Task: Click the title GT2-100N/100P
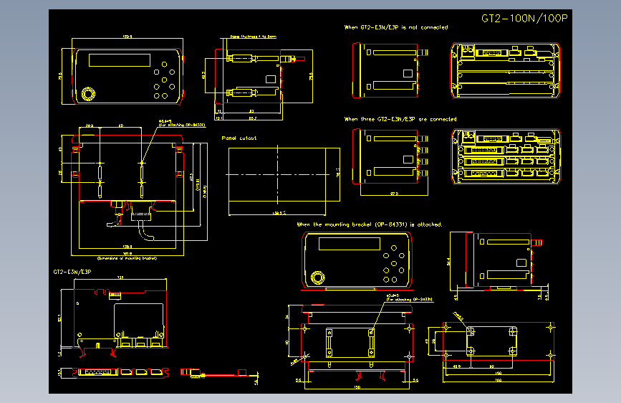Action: click(x=525, y=19)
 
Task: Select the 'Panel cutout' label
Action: click(x=239, y=138)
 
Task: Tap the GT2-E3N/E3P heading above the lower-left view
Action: click(x=72, y=272)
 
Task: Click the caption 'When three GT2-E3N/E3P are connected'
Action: click(x=400, y=119)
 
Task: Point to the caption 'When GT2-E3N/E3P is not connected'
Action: click(x=396, y=27)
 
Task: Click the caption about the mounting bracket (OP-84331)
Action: click(x=370, y=224)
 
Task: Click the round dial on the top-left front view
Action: click(x=88, y=94)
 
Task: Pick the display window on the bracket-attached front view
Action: click(x=349, y=244)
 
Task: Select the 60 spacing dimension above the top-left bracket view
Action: click(x=120, y=126)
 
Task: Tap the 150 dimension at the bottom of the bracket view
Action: click(x=357, y=388)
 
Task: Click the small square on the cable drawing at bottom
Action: click(x=241, y=372)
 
